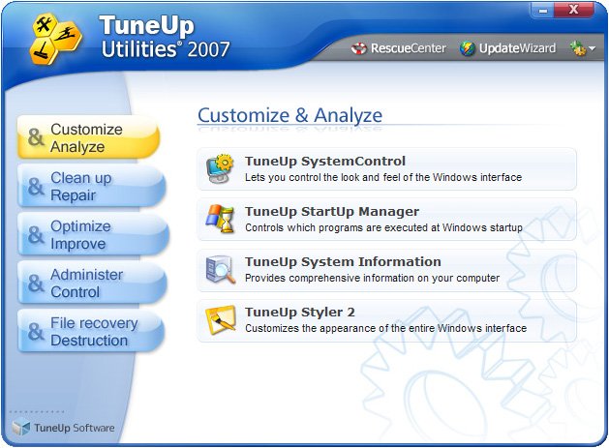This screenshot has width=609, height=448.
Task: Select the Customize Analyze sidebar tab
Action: (86, 138)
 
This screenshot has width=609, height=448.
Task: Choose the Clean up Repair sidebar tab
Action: (86, 187)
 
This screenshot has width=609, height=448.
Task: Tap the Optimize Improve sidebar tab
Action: (86, 235)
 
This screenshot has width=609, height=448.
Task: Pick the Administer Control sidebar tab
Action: (86, 284)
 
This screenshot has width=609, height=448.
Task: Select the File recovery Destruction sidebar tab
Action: (86, 332)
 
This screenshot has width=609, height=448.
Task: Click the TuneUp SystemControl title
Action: (325, 162)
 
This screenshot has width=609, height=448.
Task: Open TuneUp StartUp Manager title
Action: (331, 212)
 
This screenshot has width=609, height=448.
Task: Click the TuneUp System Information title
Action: (343, 262)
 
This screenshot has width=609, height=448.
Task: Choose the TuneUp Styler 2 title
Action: (299, 313)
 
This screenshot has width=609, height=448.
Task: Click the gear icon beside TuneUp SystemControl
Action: (220, 168)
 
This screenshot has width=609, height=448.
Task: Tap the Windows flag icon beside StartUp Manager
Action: (220, 219)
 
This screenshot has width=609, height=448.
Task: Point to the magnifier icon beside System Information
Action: (220, 269)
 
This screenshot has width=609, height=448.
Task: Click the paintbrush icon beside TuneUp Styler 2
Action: (220, 319)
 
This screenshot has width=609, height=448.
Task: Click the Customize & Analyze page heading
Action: (289, 115)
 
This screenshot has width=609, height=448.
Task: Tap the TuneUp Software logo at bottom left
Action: (63, 428)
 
